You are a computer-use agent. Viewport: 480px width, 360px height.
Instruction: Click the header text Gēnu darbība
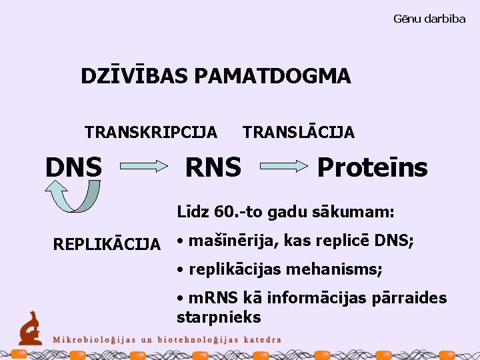[429, 19]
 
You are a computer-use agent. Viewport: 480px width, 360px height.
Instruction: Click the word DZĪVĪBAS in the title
[135, 76]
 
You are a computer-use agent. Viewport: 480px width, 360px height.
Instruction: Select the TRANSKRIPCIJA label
[151, 132]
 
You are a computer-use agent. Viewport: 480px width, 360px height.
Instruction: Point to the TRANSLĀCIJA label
[299, 132]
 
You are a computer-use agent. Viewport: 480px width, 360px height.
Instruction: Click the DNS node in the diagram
[73, 167]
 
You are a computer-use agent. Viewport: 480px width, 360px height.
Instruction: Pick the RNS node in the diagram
[213, 167]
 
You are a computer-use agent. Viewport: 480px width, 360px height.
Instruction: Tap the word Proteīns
[372, 167]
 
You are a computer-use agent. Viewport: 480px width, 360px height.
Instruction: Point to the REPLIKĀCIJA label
[107, 244]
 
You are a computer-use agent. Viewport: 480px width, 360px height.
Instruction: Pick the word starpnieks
[219, 317]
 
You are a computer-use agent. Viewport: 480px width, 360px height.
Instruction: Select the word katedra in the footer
[260, 339]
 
